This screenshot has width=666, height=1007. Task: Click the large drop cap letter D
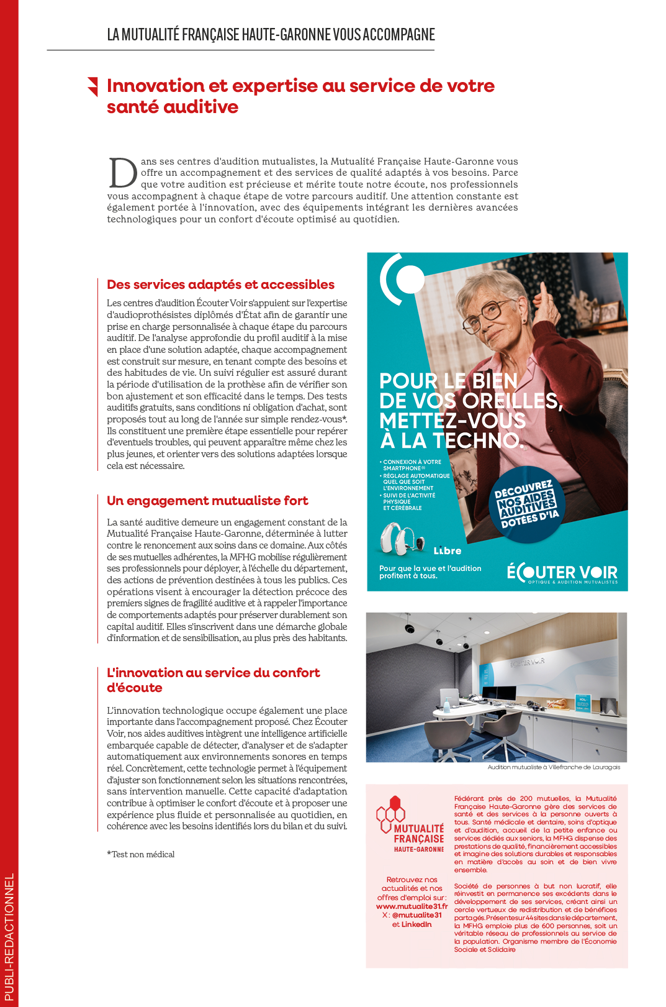tap(123, 173)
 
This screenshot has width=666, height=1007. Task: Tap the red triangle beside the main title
tap(93, 86)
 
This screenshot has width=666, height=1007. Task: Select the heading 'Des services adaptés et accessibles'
tap(220, 285)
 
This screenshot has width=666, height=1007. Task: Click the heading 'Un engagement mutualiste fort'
tap(207, 501)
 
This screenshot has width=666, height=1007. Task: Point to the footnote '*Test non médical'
tap(141, 854)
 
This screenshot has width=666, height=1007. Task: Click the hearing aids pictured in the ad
tap(401, 538)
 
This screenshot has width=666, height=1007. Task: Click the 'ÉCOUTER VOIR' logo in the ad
tap(562, 573)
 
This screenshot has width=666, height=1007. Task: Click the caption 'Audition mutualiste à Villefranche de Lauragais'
tap(554, 767)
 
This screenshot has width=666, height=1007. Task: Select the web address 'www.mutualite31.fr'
tap(412, 906)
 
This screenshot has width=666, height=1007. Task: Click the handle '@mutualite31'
tap(417, 915)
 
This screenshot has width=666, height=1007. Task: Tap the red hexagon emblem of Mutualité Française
tap(391, 813)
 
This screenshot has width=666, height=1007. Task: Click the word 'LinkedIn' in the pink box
tap(416, 924)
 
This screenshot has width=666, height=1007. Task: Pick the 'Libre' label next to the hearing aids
tap(448, 551)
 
